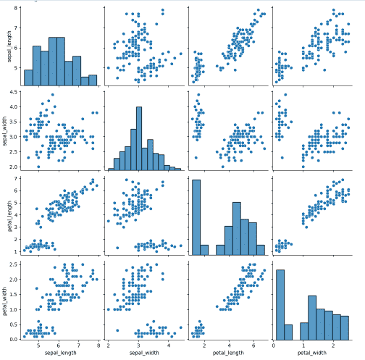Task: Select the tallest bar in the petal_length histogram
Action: point(196,217)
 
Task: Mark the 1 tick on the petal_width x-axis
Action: point(303,344)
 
